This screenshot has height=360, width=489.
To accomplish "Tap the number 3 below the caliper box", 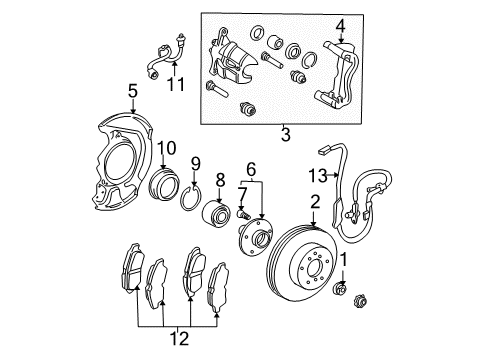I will pos(285,130).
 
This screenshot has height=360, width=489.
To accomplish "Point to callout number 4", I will pos(339,25).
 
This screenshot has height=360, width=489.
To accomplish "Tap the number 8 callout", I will pos(220,181).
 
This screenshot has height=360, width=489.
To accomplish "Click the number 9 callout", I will pos(195,163).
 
